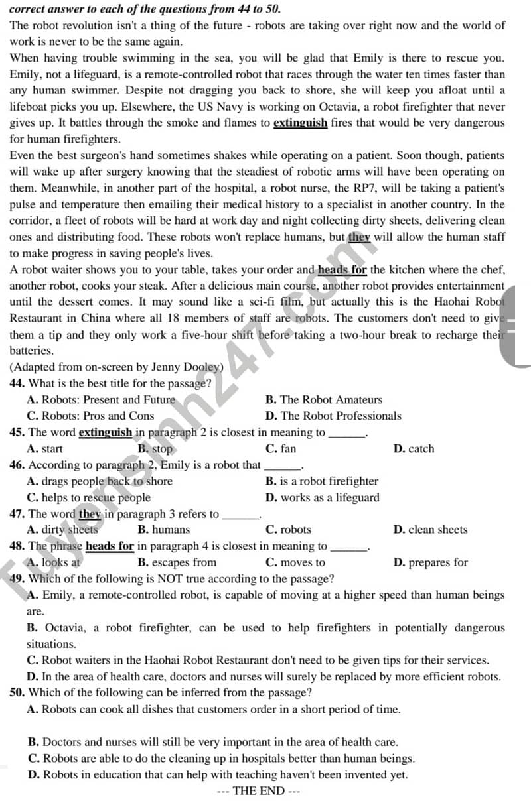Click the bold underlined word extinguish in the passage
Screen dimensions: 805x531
click(300, 123)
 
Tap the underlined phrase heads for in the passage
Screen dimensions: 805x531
click(342, 269)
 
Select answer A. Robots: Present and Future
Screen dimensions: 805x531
click(101, 399)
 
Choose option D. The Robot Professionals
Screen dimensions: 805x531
click(333, 416)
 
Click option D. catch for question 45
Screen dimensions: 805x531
click(414, 448)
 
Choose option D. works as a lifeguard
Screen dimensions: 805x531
click(323, 497)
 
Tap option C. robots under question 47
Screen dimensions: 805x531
click(288, 530)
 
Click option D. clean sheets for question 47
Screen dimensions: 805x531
click(430, 530)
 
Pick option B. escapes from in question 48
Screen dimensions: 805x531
click(177, 562)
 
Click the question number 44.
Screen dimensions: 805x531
click(17, 383)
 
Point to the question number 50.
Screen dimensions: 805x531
click(17, 692)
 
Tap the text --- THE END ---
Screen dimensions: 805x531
click(260, 790)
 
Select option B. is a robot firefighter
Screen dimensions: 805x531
click(322, 481)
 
